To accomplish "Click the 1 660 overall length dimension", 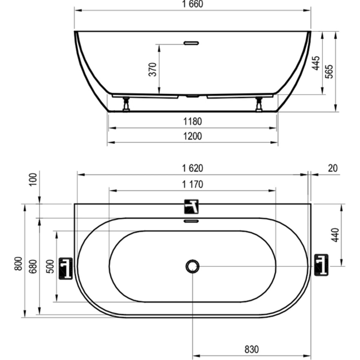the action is click(x=192, y=4).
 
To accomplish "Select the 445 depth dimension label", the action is click(x=316, y=63).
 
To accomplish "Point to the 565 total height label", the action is click(x=329, y=71).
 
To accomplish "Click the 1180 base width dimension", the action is click(x=192, y=121).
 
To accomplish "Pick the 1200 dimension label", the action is click(x=192, y=136).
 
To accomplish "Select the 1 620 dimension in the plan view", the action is click(x=192, y=168).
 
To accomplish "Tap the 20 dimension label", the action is click(x=333, y=168).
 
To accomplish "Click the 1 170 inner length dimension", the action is click(x=192, y=184).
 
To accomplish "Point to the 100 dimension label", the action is click(x=34, y=179).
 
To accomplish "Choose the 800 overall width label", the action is click(x=18, y=264).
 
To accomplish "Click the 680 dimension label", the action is click(x=34, y=266).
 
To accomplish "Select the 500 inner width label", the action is click(x=50, y=266).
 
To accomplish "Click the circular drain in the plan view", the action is click(x=192, y=266).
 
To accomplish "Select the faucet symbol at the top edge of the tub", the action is click(x=191, y=206).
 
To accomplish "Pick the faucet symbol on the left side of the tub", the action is click(x=66, y=268).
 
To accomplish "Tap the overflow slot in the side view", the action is click(x=191, y=43).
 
